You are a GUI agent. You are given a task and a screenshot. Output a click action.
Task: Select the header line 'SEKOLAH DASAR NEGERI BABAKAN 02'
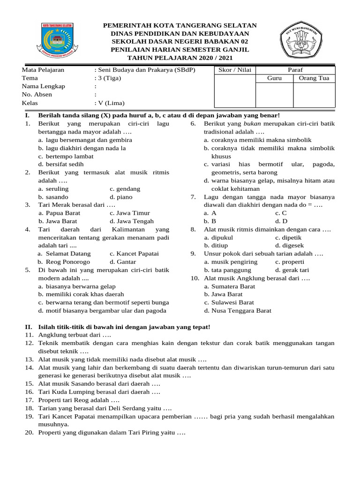[x=180, y=41]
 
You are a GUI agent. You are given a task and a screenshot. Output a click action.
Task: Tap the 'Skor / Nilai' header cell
[x=235, y=70]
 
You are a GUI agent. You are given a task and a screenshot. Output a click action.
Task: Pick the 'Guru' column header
[x=274, y=78]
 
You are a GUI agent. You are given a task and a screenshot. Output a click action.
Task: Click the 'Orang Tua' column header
[x=314, y=78]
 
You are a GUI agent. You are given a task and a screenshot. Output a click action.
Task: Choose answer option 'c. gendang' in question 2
[x=125, y=189]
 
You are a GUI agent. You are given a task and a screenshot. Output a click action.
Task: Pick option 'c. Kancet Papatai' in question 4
[x=134, y=254]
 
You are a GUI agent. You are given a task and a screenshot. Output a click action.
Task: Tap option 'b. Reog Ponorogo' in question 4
[x=64, y=262]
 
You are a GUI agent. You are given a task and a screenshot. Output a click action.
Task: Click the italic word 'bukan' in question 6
[x=253, y=123]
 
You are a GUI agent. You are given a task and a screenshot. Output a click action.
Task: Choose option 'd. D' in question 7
[x=281, y=221]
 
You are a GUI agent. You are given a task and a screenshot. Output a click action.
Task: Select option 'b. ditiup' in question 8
[x=216, y=246]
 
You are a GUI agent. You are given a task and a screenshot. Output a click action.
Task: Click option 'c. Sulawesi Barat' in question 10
[x=229, y=302]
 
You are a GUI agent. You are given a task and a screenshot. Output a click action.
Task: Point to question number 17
[x=29, y=400]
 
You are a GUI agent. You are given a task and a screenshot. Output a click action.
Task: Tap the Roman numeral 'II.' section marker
[x=28, y=327]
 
